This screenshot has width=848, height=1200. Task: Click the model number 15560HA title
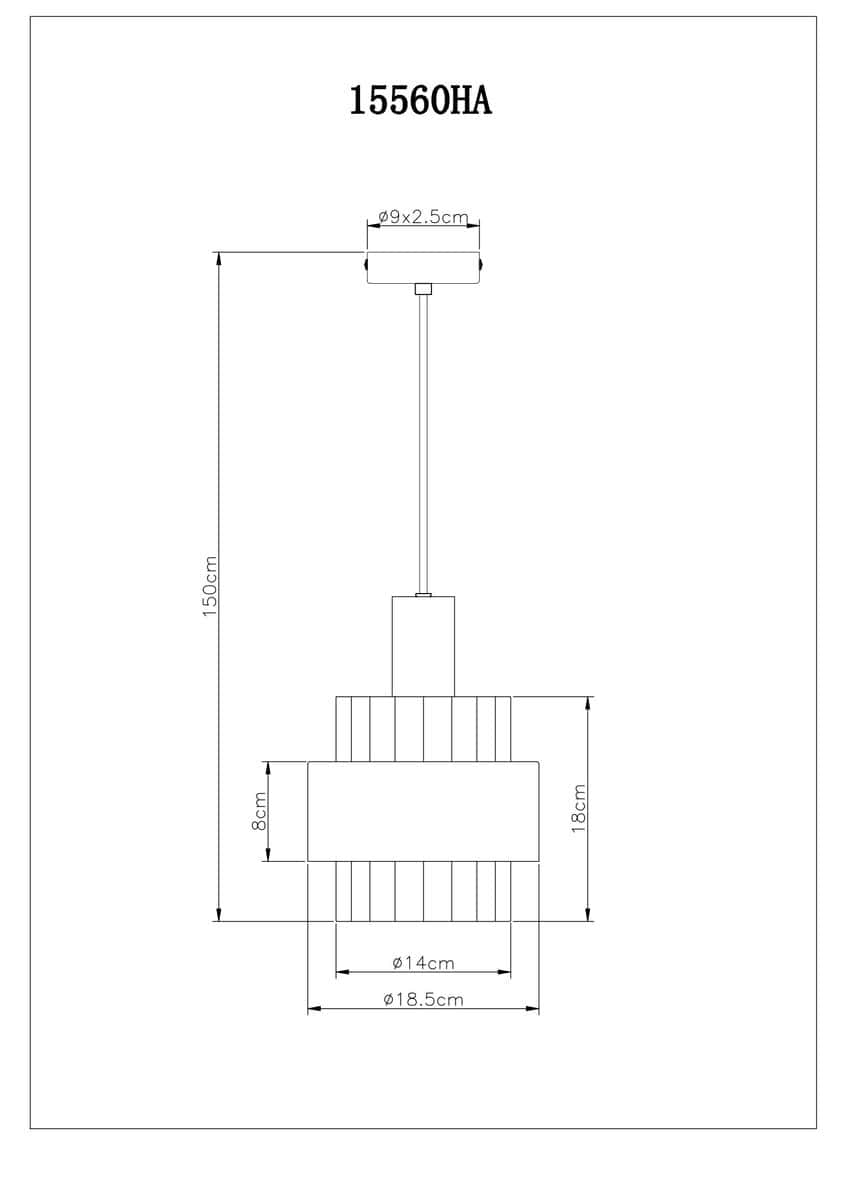coord(421,101)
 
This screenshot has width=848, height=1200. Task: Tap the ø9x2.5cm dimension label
coord(423,217)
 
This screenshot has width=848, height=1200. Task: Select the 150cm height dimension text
coord(210,586)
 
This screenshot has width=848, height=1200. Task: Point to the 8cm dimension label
coord(259,811)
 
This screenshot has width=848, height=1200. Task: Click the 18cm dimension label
coord(579,808)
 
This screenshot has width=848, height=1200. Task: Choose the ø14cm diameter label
coord(423,963)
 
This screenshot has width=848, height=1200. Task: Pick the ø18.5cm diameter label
coord(423,1000)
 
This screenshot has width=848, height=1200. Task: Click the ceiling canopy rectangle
coord(423,268)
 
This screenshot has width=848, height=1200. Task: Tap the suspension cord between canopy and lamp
coord(423,444)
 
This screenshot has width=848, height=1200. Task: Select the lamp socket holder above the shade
coord(423,647)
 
